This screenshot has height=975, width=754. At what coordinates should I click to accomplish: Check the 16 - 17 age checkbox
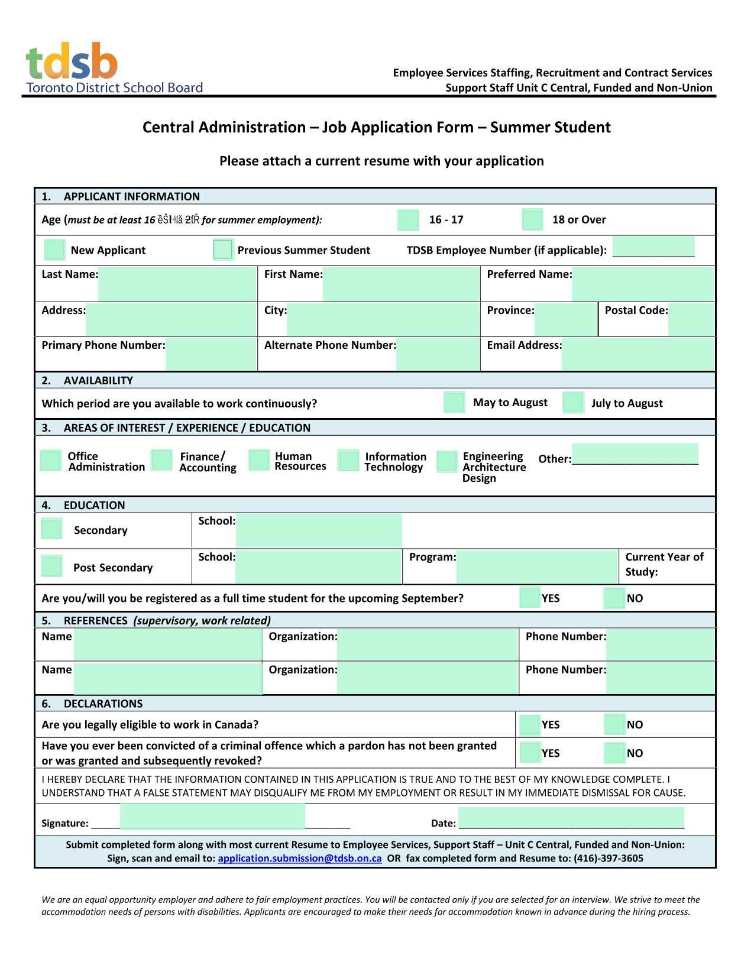click(408, 220)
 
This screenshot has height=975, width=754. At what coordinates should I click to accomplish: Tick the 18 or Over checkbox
click(532, 220)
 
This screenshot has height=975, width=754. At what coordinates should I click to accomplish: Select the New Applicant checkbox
click(54, 250)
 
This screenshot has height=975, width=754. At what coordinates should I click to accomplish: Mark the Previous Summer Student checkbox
click(223, 250)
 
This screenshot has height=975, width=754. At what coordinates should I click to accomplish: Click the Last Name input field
click(177, 283)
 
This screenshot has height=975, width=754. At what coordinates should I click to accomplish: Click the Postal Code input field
click(691, 319)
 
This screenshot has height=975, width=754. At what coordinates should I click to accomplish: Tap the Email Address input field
click(637, 354)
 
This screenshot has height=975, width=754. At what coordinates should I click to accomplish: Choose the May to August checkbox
click(454, 403)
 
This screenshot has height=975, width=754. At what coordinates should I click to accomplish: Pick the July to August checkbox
click(573, 403)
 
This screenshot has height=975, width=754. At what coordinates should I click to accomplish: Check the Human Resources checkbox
click(259, 460)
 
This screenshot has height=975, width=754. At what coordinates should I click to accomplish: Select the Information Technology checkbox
click(348, 461)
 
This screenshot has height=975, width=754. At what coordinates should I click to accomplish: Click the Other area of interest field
click(635, 454)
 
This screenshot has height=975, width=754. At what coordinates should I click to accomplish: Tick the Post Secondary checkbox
click(52, 566)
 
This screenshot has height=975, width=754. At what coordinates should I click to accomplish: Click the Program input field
click(536, 566)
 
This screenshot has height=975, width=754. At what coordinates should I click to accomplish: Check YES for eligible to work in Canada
click(529, 724)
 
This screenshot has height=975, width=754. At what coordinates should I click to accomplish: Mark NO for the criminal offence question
click(614, 753)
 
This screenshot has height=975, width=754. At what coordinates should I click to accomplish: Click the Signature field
click(212, 817)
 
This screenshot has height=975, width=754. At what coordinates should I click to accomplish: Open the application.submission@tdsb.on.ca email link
click(299, 859)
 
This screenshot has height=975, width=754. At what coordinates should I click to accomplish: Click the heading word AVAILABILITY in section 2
click(98, 381)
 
